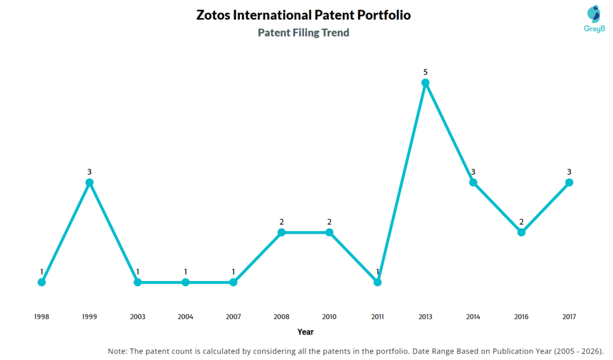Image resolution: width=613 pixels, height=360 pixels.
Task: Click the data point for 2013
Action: click(425, 83)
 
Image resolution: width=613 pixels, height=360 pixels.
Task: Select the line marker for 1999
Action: click(89, 182)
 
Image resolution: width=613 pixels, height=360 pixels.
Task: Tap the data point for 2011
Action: click(377, 282)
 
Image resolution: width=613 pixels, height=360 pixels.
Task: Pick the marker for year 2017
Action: click(569, 182)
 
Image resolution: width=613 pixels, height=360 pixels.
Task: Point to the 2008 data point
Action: click(281, 232)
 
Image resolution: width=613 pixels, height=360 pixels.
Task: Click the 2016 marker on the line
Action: click(521, 232)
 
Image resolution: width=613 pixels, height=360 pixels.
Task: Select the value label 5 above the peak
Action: click(425, 72)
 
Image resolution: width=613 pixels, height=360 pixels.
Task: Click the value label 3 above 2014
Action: click(473, 172)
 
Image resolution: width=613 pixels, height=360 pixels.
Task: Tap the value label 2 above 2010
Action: click(329, 222)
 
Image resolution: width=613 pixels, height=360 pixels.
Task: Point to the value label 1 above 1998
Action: click(41, 272)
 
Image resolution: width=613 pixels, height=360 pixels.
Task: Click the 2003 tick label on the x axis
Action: click(138, 316)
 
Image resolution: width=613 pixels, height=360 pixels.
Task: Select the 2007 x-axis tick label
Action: click(233, 316)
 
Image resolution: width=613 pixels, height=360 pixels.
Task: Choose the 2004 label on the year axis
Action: click(186, 316)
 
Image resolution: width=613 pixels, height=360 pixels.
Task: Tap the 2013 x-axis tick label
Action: click(425, 316)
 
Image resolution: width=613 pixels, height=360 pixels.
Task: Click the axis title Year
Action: click(305, 332)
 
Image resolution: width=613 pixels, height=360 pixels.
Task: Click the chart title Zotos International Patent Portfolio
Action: click(304, 15)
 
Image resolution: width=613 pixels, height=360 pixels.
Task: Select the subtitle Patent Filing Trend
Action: click(304, 33)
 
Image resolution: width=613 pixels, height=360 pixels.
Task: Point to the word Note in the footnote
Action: click(118, 350)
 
